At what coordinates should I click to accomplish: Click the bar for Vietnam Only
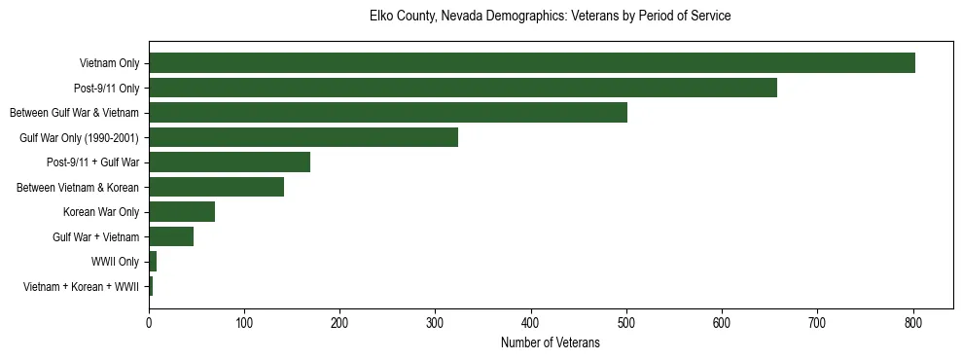coord(531,63)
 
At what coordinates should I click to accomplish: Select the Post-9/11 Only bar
coord(462,88)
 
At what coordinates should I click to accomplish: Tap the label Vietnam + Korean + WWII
coord(81,287)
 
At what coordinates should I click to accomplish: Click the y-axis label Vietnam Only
coord(109,64)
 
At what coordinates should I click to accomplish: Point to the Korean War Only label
coord(101,212)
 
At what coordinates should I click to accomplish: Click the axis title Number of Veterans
coord(550,343)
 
